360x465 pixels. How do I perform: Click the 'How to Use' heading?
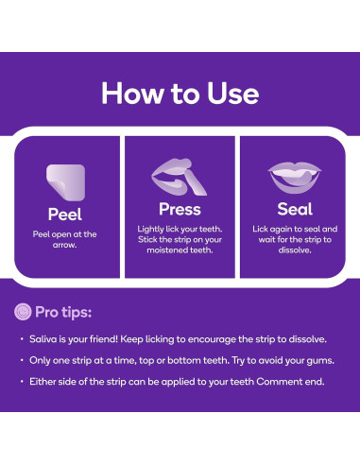(x=180, y=94)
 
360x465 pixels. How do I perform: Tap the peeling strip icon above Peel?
(x=66, y=182)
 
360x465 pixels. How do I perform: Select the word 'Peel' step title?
(x=65, y=215)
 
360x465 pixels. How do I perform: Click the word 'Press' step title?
(x=180, y=209)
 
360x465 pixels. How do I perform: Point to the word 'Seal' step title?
(x=295, y=209)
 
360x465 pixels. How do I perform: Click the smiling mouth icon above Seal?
(x=295, y=178)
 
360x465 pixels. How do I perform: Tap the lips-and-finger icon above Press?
(x=179, y=177)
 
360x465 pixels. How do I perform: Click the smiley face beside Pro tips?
(x=23, y=312)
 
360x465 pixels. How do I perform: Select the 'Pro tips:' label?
(x=63, y=312)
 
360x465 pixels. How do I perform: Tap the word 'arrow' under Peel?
(x=64, y=245)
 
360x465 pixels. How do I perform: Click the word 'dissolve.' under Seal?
(x=295, y=250)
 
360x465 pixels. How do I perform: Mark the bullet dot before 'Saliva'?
(x=22, y=339)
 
